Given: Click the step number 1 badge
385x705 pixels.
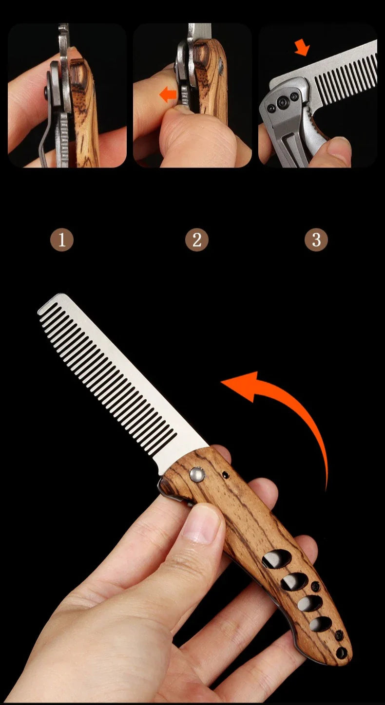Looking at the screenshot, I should pyautogui.click(x=62, y=240).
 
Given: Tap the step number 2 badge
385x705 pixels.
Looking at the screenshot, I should pyautogui.click(x=196, y=240).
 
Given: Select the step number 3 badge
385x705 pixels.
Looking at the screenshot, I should pyautogui.click(x=316, y=240).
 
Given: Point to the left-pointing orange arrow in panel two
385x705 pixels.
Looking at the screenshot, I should pyautogui.click(x=168, y=94).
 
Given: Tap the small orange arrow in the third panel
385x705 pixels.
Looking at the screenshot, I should pyautogui.click(x=302, y=48).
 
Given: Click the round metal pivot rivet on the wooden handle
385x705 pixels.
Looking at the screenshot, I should pyautogui.click(x=196, y=474).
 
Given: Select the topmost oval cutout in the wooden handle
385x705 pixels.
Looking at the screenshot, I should pyautogui.click(x=276, y=558).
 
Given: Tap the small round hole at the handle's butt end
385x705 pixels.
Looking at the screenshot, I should pyautogui.click(x=343, y=651).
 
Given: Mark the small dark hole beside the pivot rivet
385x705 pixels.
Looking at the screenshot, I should pyautogui.click(x=225, y=473).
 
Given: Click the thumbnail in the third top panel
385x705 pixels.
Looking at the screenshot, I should pyautogui.click(x=340, y=146).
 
